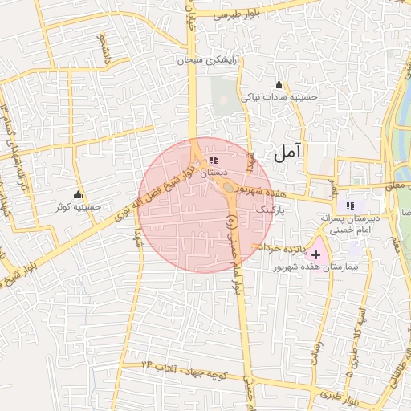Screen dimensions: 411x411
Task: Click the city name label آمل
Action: click(287, 149)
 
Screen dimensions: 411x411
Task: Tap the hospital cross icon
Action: click(315, 254)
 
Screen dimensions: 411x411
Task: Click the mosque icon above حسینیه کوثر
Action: click(78, 194)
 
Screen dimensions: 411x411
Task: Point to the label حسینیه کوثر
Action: click(78, 207)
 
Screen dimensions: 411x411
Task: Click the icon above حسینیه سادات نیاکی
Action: click(279, 85)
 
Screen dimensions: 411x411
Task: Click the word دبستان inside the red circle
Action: click(214, 173)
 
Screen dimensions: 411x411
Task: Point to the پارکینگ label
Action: click(271, 208)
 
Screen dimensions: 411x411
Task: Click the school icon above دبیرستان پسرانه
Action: click(349, 205)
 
